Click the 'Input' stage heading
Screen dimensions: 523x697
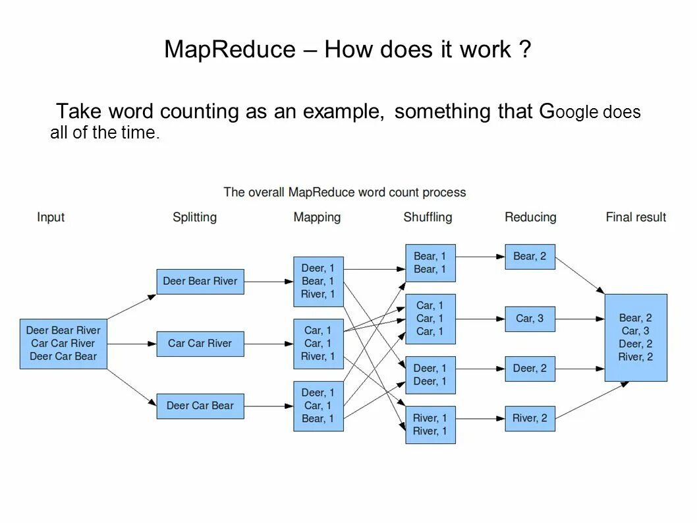[51, 217]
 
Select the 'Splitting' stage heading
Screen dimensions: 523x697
[194, 217]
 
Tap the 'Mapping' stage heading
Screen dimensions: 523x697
[317, 217]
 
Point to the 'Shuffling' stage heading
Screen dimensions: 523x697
[428, 217]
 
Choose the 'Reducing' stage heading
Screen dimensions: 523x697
[530, 217]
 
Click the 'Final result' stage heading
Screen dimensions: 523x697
[636, 217]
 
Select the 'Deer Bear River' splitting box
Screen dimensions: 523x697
[200, 281]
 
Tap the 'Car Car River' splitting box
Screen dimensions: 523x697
[200, 343]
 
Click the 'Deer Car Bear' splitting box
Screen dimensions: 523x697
[200, 406]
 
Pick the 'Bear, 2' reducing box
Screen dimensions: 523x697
[530, 257]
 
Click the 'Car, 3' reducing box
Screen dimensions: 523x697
[530, 319]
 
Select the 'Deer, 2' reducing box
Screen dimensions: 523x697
[530, 369]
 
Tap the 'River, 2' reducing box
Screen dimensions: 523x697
[530, 418]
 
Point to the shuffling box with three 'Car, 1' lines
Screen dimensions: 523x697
[430, 319]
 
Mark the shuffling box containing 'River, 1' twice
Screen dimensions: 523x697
[430, 424]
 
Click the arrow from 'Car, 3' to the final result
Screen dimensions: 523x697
[580, 319]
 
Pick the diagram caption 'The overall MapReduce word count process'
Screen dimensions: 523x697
[345, 193]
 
